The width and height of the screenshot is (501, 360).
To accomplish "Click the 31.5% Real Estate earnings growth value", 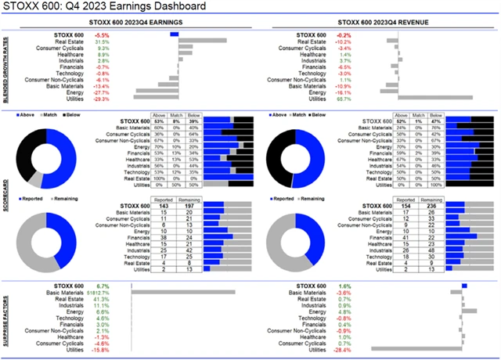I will (103, 41).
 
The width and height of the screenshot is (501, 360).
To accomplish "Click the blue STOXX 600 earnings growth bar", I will (174, 35).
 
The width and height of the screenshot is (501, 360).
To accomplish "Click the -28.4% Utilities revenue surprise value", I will (341, 349).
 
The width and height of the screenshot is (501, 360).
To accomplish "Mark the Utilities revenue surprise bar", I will (416, 349).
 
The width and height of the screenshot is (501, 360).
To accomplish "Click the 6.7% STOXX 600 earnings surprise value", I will (103, 286).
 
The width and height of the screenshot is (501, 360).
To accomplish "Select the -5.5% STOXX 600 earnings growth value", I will (103, 35).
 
